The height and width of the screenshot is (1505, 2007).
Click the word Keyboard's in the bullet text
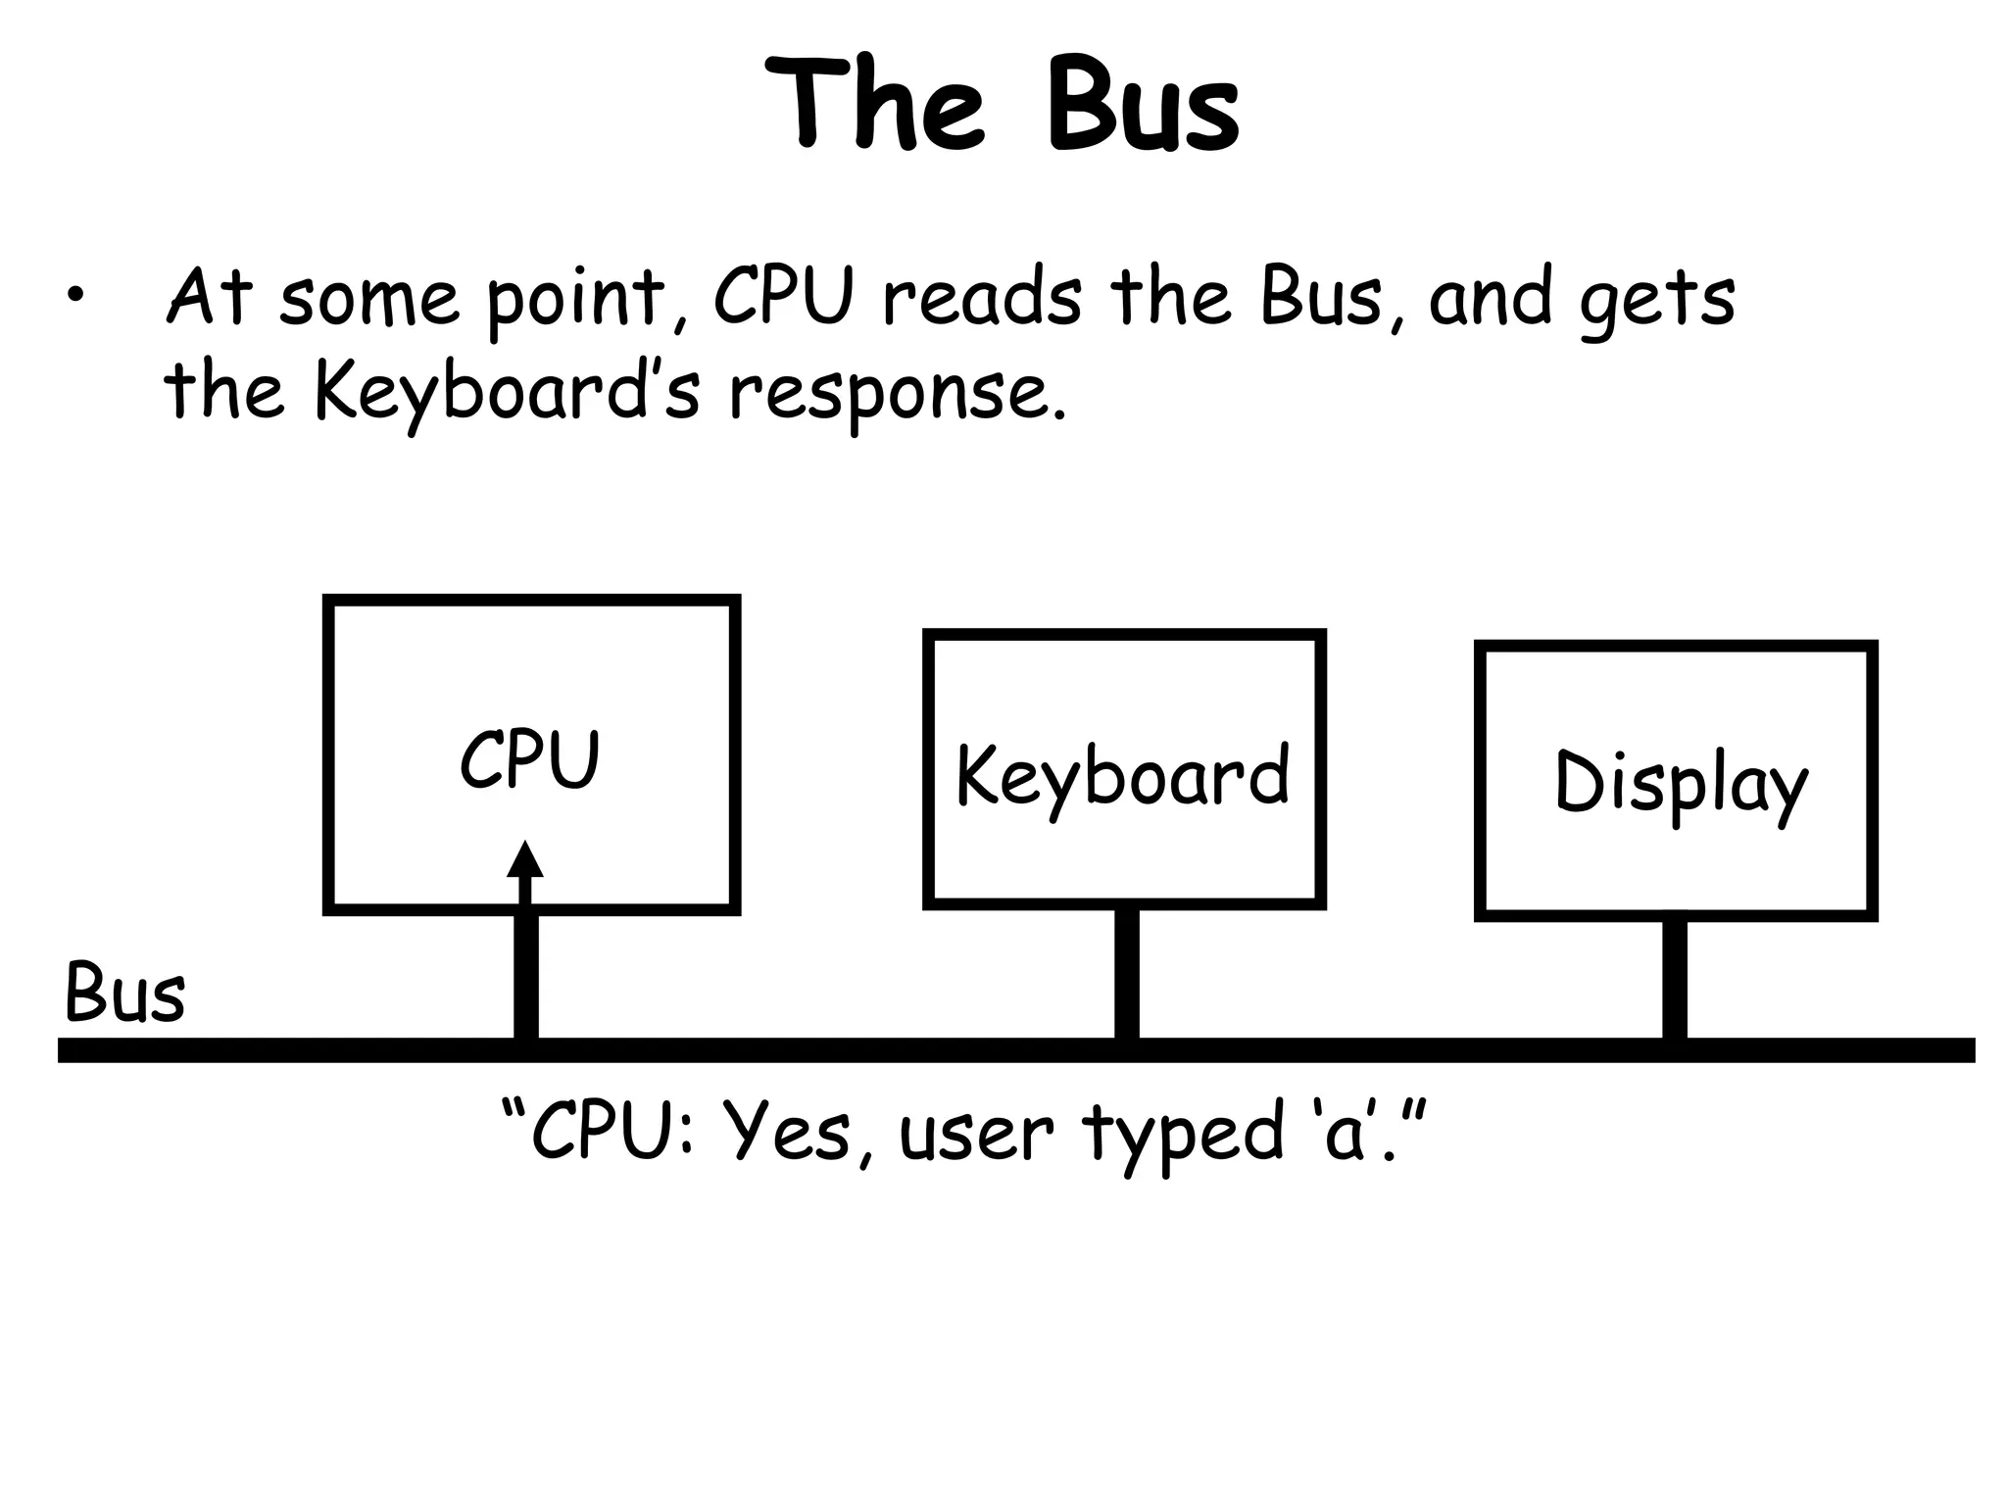(508, 392)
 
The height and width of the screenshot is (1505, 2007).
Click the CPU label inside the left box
(529, 760)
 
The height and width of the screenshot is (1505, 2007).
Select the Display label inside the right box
(1680, 785)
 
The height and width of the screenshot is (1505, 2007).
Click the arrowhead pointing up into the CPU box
(525, 860)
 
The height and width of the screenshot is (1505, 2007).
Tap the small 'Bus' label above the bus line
(124, 993)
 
